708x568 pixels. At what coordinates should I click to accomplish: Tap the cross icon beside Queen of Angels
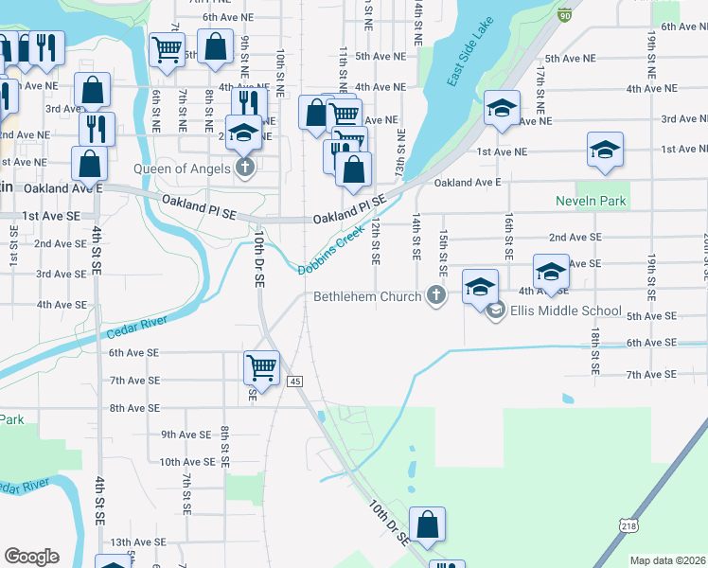pos(244,169)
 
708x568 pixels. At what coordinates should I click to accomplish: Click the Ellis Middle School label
pos(565,311)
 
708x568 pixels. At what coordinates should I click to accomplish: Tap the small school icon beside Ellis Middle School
pos(495,310)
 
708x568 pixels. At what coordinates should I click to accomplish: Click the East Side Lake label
pos(466,64)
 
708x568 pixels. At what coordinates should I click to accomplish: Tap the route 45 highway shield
pos(295,381)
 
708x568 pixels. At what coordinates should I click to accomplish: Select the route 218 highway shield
pos(629,524)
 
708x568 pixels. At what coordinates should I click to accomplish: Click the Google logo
pos(31,556)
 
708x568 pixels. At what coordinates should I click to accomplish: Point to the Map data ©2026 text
pos(668,560)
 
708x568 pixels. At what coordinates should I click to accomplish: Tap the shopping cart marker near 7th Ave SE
pos(260,365)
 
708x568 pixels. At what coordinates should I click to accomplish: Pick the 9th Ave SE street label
pos(186,435)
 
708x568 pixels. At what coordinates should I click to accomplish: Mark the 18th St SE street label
pos(594,350)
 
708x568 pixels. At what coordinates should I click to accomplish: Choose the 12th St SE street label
pos(376,241)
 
